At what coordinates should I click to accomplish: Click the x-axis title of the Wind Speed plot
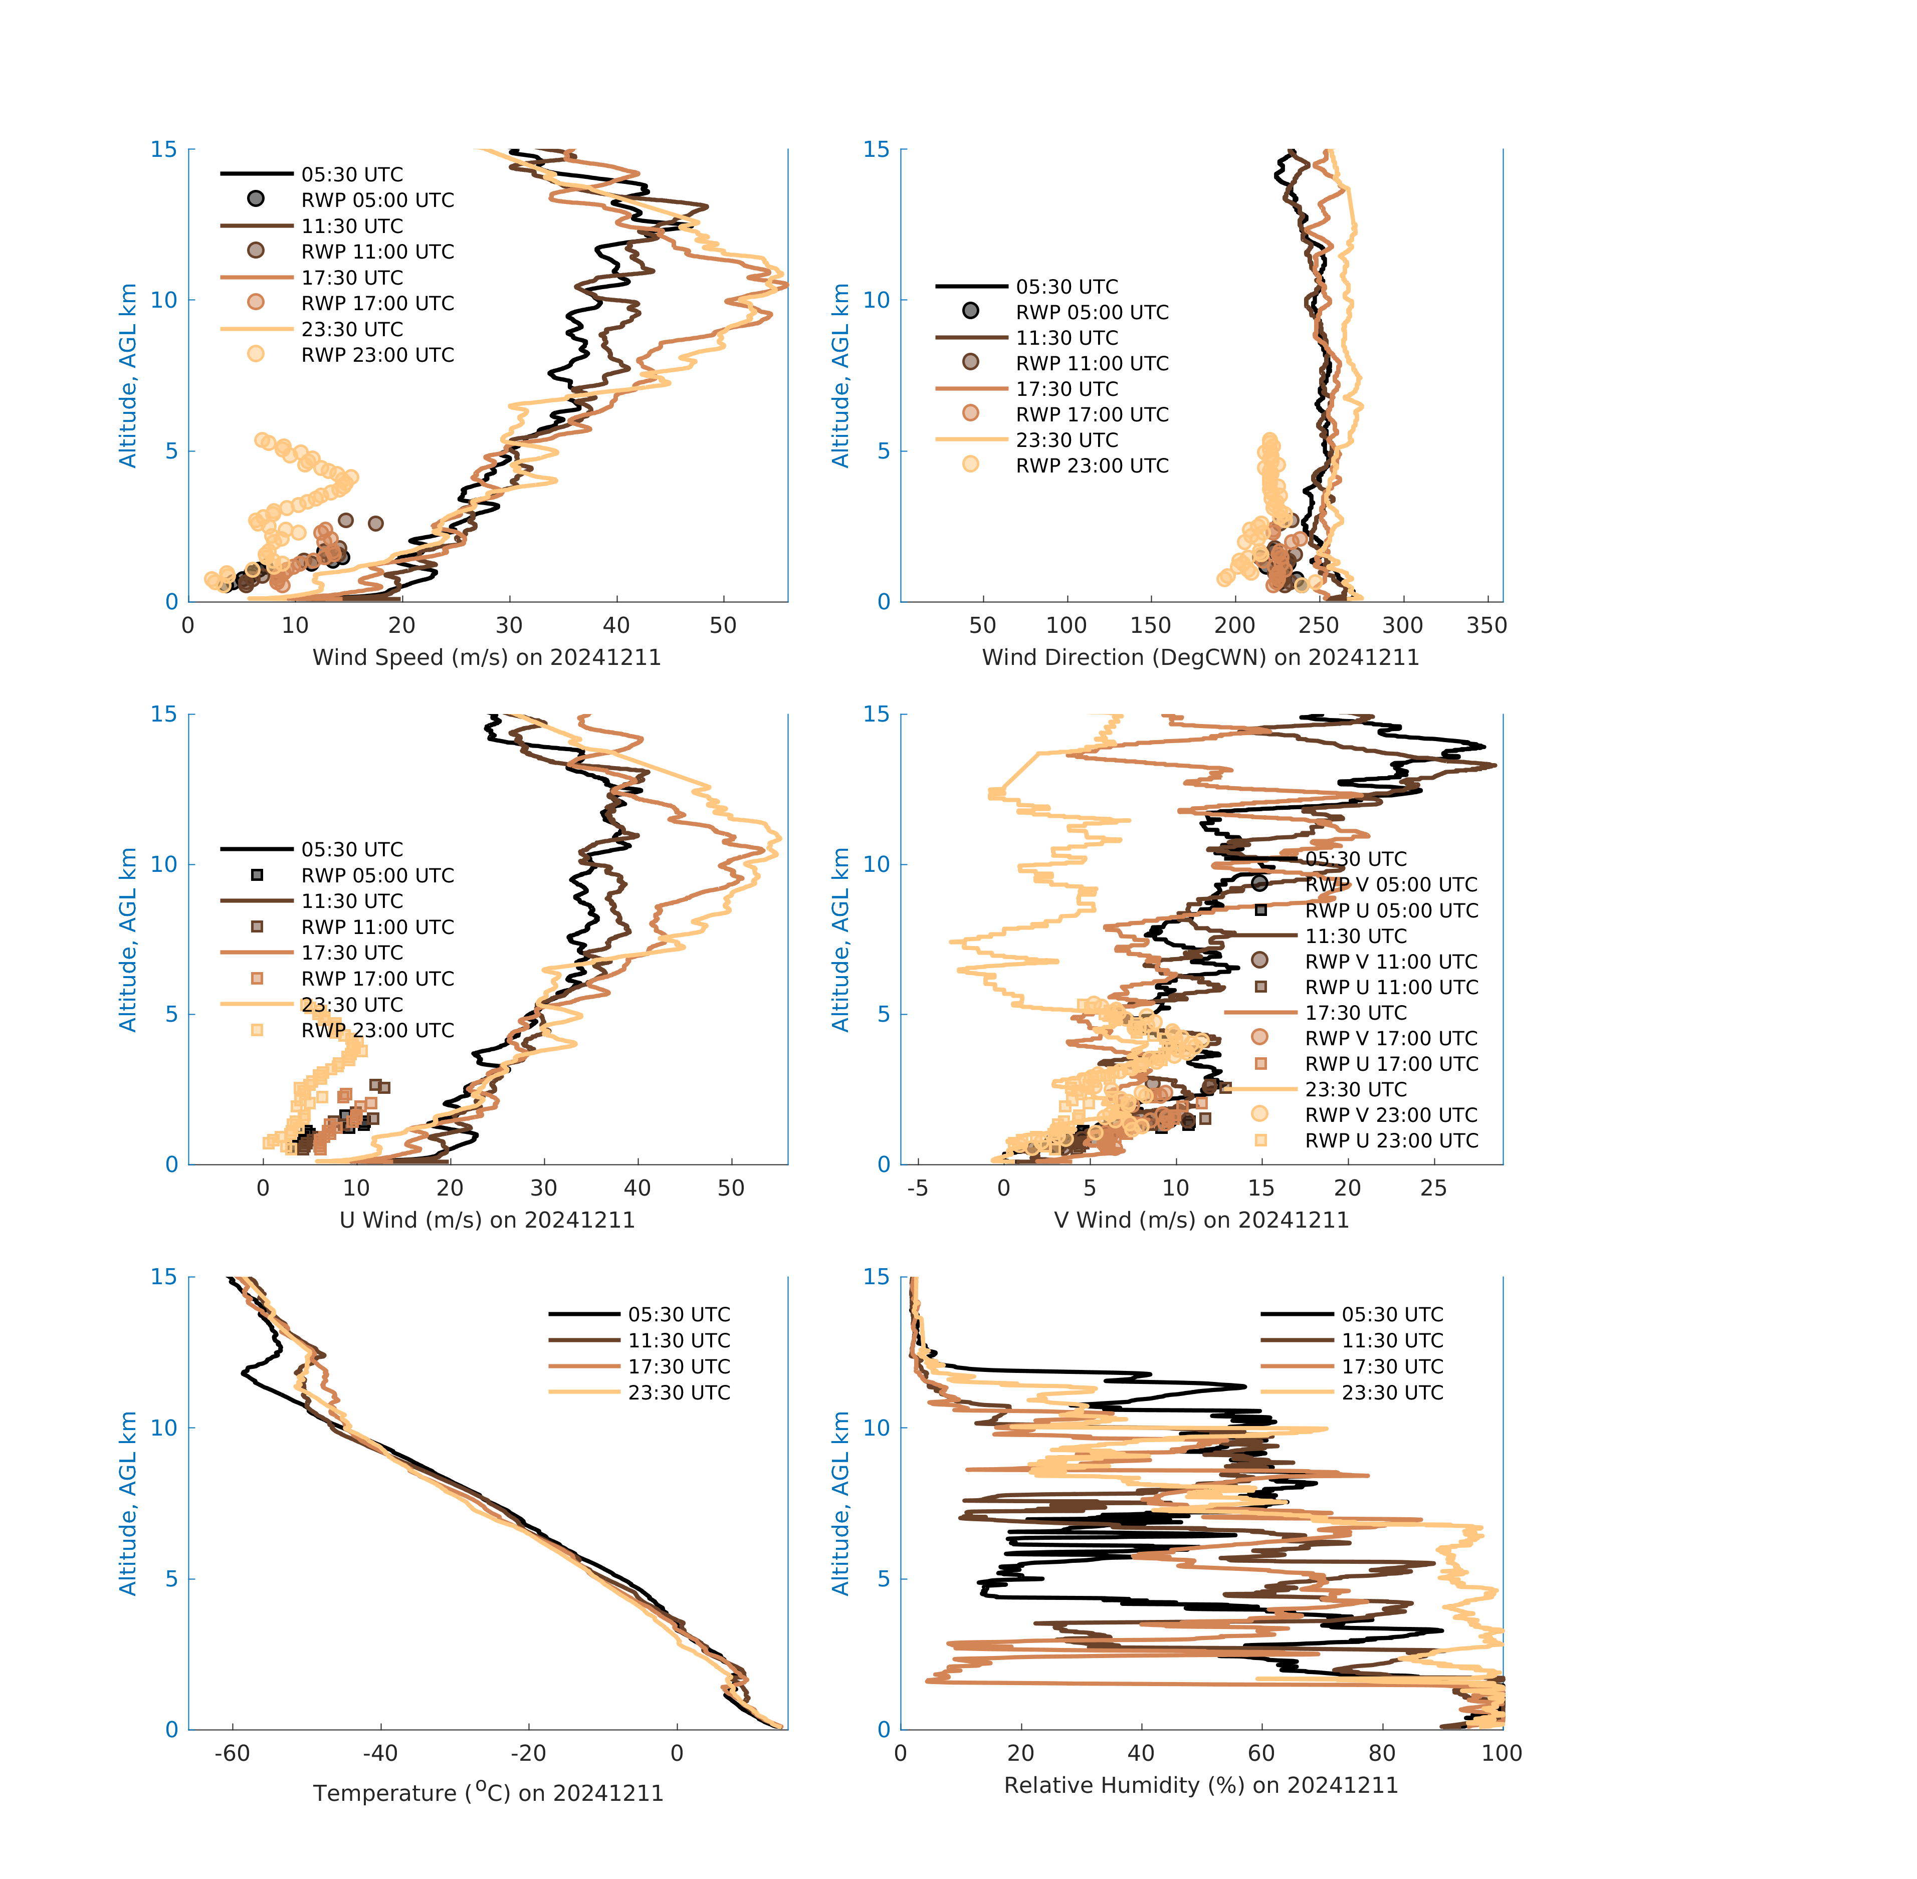click(487, 657)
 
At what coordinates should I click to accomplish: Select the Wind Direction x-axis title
click(1200, 657)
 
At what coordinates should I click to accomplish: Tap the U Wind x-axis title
click(487, 1220)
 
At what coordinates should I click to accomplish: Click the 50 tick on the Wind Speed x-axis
click(724, 626)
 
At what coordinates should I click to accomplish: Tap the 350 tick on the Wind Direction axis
click(1486, 626)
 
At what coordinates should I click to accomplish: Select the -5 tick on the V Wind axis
click(918, 1188)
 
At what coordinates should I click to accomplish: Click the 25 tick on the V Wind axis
click(1433, 1188)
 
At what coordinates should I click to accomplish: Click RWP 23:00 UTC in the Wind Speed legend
click(377, 355)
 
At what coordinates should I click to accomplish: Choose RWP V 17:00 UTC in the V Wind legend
click(1391, 1038)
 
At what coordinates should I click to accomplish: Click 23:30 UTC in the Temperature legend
click(679, 1392)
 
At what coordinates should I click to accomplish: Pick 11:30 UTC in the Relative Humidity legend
click(1392, 1340)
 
